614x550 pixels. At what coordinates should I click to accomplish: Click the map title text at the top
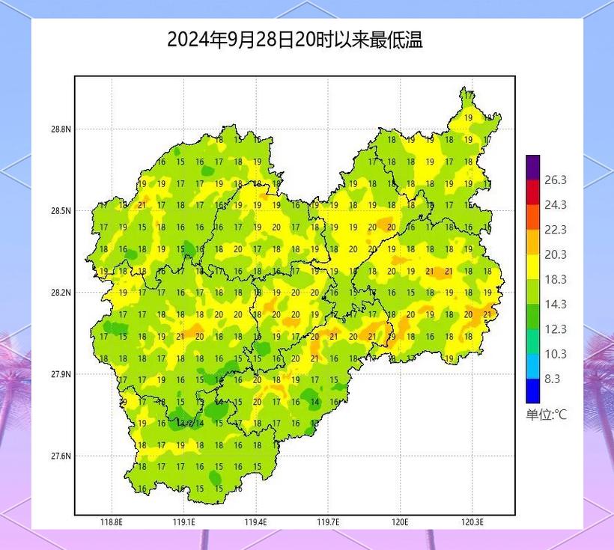point(295,40)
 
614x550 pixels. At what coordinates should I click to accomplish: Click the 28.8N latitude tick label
point(61,129)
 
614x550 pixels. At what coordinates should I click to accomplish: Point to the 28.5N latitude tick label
point(61,211)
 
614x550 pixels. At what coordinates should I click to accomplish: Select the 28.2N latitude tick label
point(61,293)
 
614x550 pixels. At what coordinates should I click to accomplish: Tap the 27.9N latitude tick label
point(61,374)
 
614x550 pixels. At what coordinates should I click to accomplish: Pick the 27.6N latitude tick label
point(61,456)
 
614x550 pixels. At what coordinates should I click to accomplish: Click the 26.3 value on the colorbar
point(555,180)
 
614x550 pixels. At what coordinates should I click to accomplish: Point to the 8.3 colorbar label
point(553,379)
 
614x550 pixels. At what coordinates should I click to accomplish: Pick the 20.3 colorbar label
point(555,255)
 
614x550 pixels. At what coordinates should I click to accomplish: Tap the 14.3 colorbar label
point(555,305)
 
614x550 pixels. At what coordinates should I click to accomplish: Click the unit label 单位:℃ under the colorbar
point(546,415)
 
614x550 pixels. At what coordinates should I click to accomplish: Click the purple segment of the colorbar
point(532,167)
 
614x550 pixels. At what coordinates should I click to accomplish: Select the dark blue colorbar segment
point(532,391)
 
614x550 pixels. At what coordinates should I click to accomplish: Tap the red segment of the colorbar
point(532,192)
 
